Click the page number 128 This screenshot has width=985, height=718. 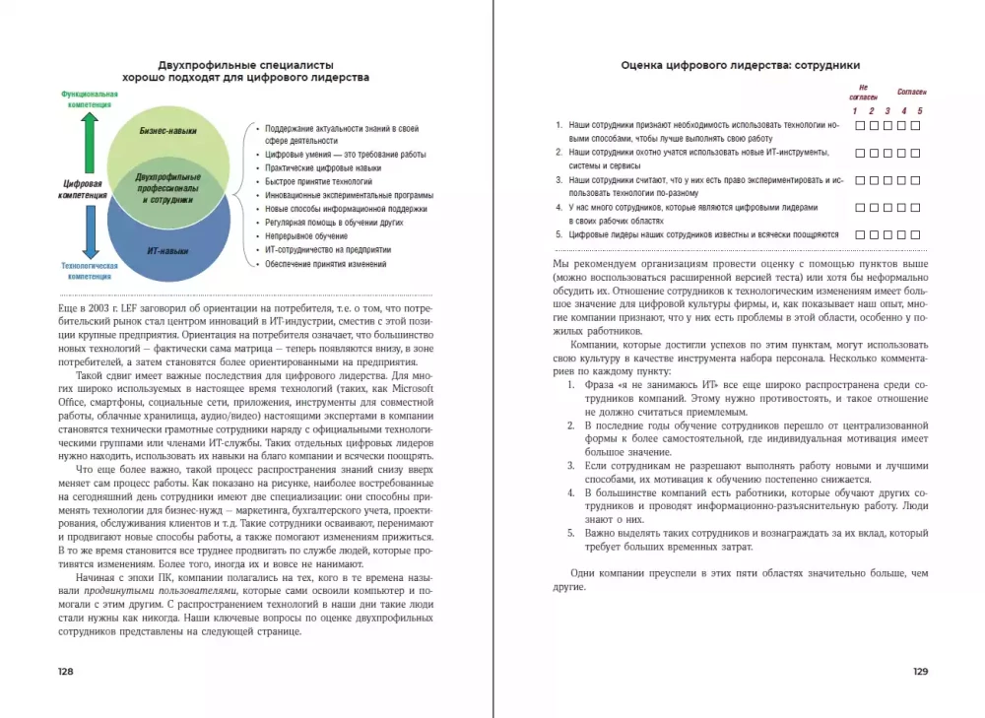[x=66, y=671]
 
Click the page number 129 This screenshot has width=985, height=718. [x=920, y=671]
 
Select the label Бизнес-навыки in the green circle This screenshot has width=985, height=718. [x=168, y=130]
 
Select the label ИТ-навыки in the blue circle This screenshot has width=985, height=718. [x=167, y=251]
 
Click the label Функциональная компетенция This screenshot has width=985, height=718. [x=90, y=98]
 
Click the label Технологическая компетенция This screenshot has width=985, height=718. [x=90, y=271]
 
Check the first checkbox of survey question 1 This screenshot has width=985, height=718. [x=860, y=126]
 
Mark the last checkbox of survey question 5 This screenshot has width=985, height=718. [x=915, y=235]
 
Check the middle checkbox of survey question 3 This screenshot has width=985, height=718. [x=887, y=181]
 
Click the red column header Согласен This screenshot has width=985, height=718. [x=911, y=92]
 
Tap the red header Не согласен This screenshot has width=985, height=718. [x=863, y=93]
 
